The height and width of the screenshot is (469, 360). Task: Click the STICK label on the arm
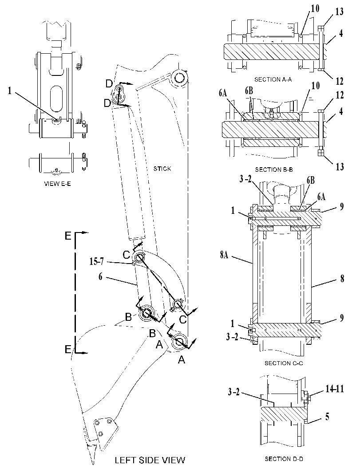click(162, 169)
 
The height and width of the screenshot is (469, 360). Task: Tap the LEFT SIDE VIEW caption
click(150, 460)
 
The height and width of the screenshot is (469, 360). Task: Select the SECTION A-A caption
click(273, 79)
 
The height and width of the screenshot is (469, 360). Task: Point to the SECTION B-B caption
click(274, 169)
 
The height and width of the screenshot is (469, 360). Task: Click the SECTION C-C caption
click(284, 363)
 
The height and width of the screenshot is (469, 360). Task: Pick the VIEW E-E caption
click(57, 184)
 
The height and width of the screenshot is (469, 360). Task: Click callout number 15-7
click(96, 261)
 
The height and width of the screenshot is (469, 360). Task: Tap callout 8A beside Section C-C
click(225, 256)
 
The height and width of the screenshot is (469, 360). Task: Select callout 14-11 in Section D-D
click(335, 389)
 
